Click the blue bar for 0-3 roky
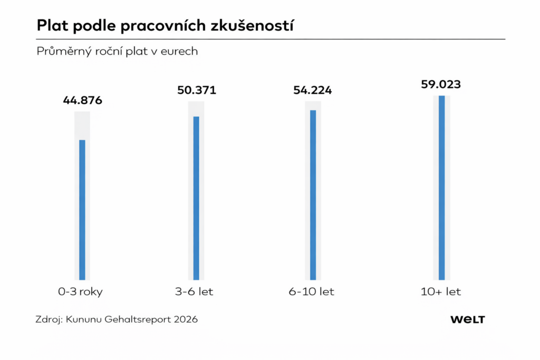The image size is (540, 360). [x=82, y=210]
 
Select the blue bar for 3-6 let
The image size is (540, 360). [x=196, y=198]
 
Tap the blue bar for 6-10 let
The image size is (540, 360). [x=313, y=194]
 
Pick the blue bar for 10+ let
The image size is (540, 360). [x=441, y=188]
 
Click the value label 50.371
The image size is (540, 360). [x=196, y=90]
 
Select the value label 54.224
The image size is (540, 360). [x=313, y=90]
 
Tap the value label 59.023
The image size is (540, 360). [x=441, y=84]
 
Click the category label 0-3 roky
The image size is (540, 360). [x=81, y=292]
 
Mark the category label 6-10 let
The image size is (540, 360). [x=312, y=292]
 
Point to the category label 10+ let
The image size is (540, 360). [x=441, y=292]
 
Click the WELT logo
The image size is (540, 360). [x=467, y=319]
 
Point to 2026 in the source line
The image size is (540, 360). [x=184, y=319]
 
